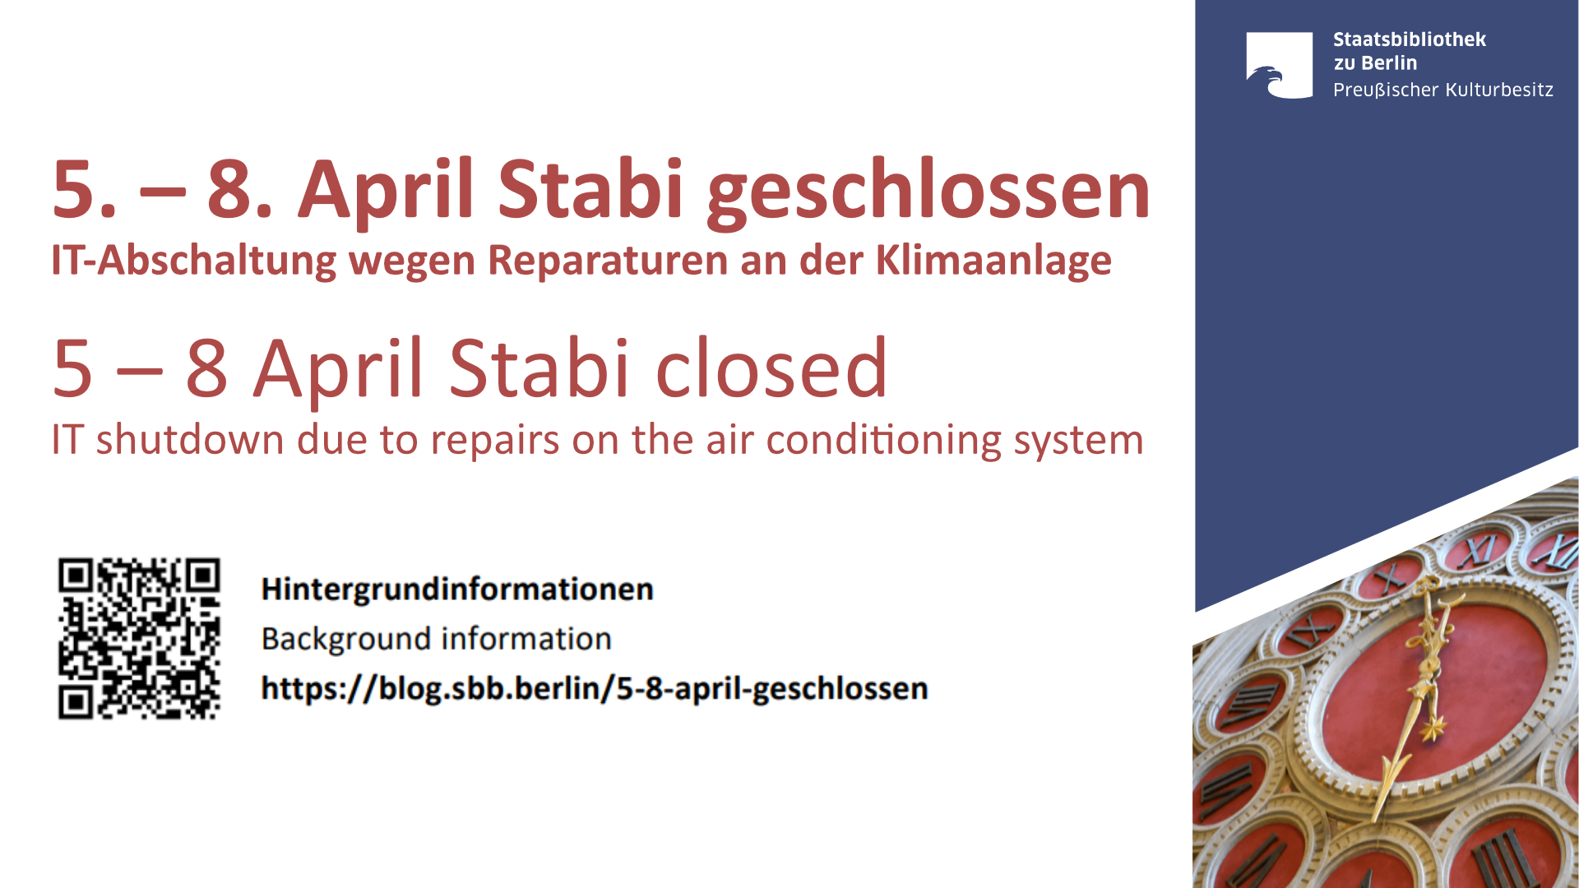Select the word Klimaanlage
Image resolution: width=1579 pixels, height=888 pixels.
tap(993, 261)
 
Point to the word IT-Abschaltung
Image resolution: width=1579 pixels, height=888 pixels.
tap(194, 261)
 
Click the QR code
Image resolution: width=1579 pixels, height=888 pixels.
tap(139, 639)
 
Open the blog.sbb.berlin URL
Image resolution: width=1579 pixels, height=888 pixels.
tap(595, 689)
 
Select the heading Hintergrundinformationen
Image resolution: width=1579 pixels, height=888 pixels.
tap(457, 590)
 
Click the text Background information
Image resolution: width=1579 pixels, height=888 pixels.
tap(437, 639)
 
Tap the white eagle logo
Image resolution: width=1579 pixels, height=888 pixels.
tap(1280, 66)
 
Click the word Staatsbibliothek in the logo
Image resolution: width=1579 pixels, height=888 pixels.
tap(1410, 39)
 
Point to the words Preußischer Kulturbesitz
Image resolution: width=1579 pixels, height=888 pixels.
tap(1443, 90)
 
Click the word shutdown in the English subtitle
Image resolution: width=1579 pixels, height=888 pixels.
tap(191, 439)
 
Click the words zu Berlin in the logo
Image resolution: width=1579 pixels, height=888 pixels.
tap(1375, 63)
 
